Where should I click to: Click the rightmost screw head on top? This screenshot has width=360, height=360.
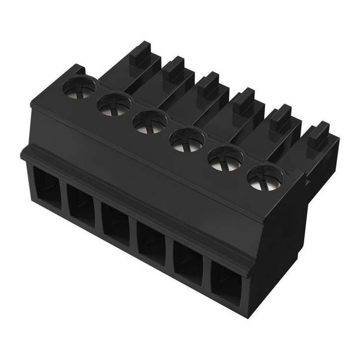click(263, 178)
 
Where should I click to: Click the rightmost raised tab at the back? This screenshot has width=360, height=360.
click(314, 136)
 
